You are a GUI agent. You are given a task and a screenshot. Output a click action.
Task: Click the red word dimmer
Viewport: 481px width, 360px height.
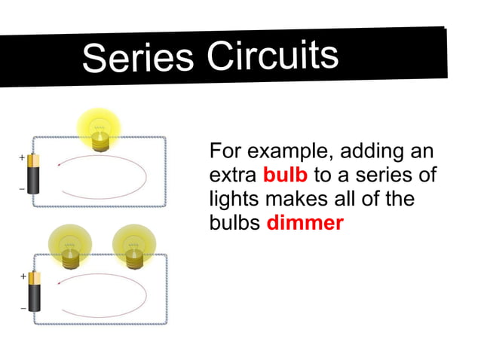coord(305,224)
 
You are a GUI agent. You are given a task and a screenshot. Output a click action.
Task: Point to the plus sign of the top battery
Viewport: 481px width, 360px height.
coord(22,159)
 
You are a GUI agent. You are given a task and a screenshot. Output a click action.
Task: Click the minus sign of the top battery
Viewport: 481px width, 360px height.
coord(22,189)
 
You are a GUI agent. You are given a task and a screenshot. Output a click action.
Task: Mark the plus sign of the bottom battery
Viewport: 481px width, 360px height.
coord(23,277)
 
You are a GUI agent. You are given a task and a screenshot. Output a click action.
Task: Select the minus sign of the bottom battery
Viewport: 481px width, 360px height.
coord(23,308)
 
